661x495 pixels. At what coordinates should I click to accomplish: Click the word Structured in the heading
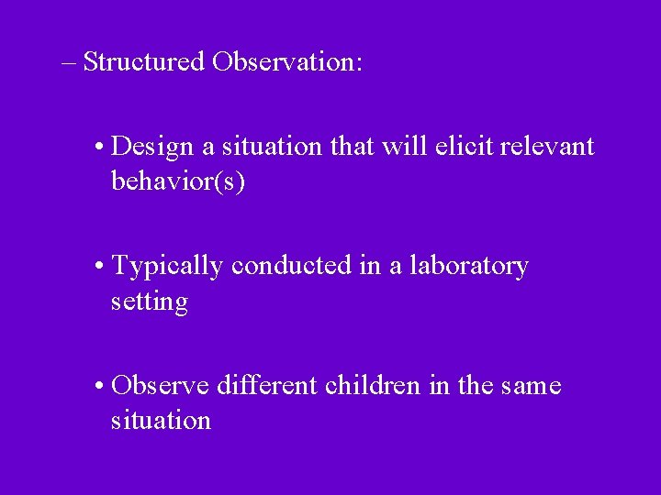[x=143, y=62]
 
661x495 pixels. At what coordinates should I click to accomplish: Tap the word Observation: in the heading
[x=287, y=62]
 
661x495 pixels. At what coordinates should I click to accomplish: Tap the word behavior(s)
[x=178, y=181]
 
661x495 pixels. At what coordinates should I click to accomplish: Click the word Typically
[x=167, y=267]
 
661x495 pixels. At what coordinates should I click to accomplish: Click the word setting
[x=150, y=302]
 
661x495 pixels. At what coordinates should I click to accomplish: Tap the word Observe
[x=161, y=386]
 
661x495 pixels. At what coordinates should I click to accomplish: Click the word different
[x=268, y=386]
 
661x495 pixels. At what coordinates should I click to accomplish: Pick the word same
[x=531, y=387]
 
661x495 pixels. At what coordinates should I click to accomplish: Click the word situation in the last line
[x=161, y=421]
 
